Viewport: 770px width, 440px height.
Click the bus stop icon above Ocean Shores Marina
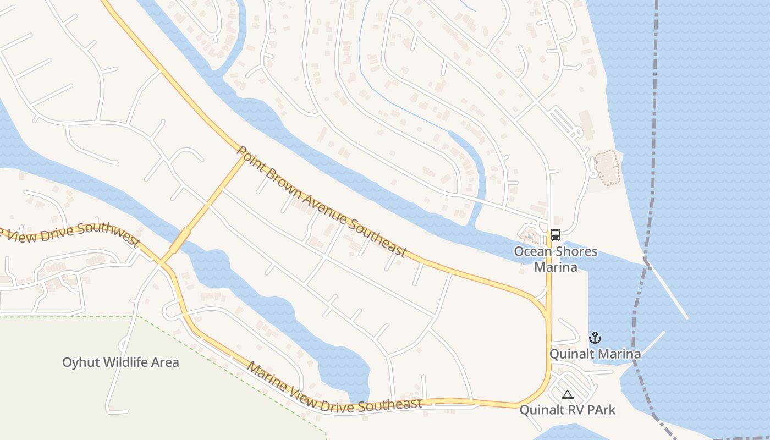[555, 235]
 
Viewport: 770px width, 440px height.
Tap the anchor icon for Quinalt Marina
[595, 337]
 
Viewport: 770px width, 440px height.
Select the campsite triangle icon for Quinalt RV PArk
[568, 394]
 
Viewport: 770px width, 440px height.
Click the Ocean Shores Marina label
[555, 260]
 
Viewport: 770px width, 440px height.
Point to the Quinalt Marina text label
[595, 354]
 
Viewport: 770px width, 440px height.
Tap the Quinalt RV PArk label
[568, 410]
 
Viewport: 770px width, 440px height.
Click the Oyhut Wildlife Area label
[120, 362]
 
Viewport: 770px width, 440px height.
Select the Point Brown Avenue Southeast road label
[322, 202]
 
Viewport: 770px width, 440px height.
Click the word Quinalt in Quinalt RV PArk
[541, 410]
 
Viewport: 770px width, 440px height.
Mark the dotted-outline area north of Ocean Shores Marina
[608, 168]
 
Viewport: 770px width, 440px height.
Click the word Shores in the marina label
[576, 252]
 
